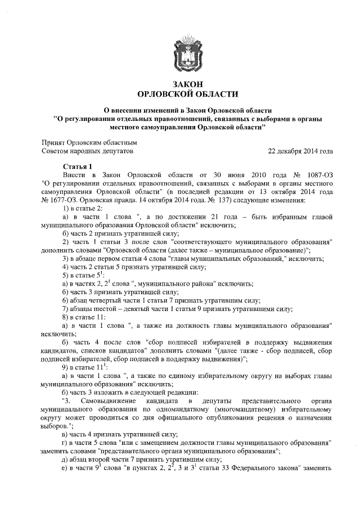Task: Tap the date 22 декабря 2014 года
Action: coord(301,151)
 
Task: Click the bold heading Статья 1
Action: coord(76,167)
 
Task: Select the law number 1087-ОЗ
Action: coord(320,175)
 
